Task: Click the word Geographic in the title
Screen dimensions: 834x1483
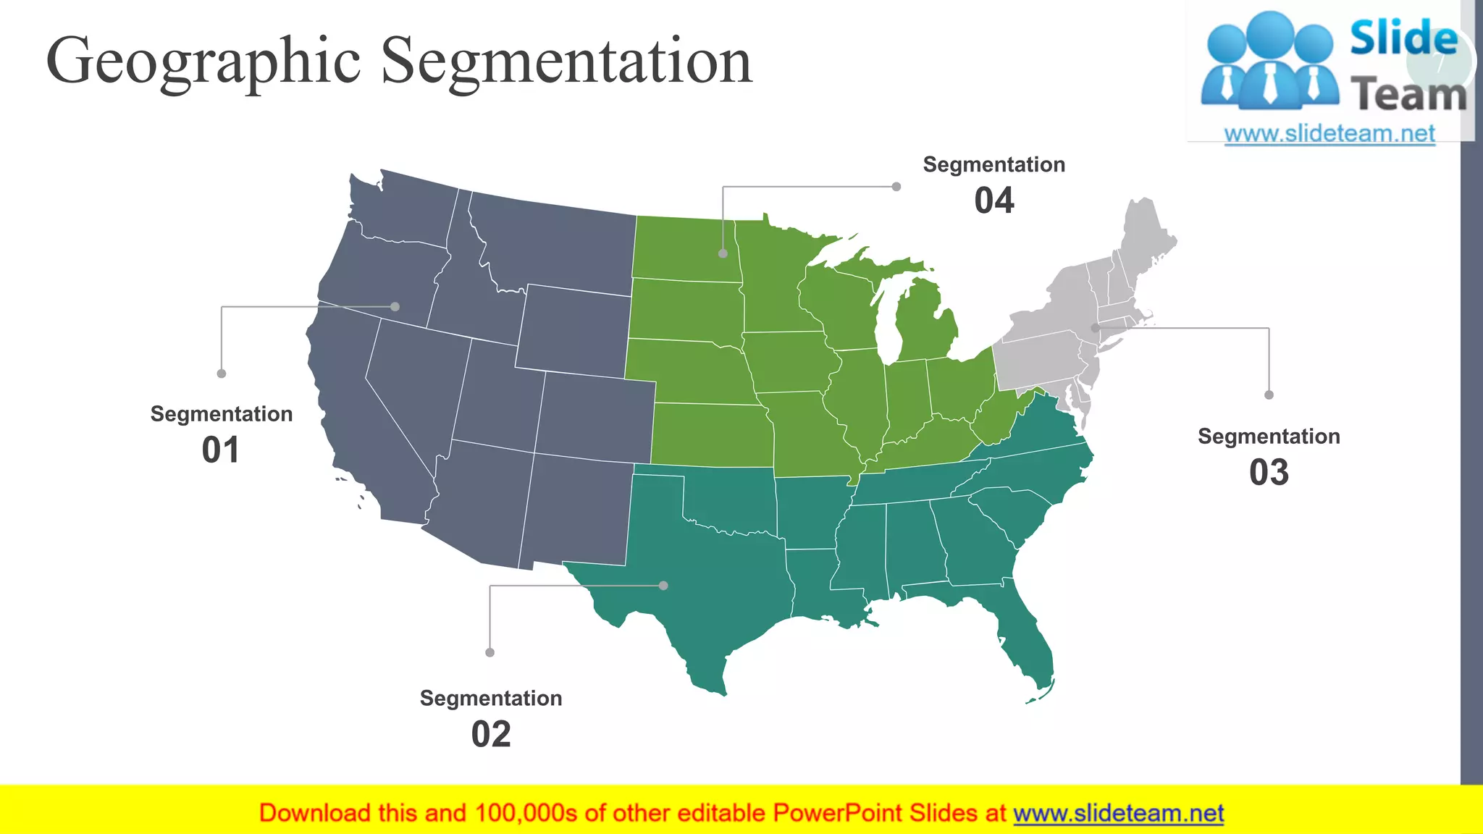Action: coord(203,62)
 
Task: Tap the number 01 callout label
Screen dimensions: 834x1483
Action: coord(221,450)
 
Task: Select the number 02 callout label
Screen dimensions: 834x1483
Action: coord(491,735)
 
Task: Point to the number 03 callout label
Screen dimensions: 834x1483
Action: coord(1269,473)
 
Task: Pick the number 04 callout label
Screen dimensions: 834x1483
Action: coord(994,201)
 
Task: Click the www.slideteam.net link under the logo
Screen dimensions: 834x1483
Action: coord(1329,134)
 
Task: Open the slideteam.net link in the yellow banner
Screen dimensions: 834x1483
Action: coord(1118,814)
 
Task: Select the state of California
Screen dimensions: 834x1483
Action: coord(362,420)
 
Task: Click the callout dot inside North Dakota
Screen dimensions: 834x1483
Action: coord(723,253)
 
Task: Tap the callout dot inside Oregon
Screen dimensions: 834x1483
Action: coord(395,307)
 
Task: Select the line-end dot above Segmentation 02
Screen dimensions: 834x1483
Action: coord(490,652)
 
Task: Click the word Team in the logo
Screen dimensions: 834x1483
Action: coord(1408,95)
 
